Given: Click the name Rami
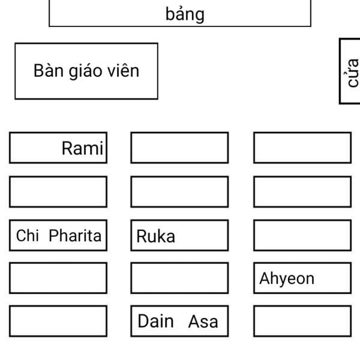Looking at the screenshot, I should pyautogui.click(x=82, y=148).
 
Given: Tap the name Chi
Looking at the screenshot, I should pyautogui.click(x=27, y=236).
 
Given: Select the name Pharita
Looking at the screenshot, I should pyautogui.click(x=75, y=236).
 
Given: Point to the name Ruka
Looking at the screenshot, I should pyautogui.click(x=155, y=236).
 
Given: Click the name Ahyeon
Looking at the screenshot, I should pyautogui.click(x=286, y=278).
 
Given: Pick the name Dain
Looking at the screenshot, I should pyautogui.click(x=155, y=322).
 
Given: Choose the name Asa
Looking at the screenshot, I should pyautogui.click(x=203, y=322).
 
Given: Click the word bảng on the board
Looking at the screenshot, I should pyautogui.click(x=185, y=14).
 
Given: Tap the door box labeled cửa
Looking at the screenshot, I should pyautogui.click(x=350, y=71).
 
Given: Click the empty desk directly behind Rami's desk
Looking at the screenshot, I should pyautogui.click(x=58, y=191).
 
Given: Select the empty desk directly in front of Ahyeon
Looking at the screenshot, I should pyautogui.click(x=302, y=235).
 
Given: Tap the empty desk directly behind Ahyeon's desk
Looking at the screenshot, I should pyautogui.click(x=302, y=321).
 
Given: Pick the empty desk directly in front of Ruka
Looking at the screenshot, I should pyautogui.click(x=179, y=191).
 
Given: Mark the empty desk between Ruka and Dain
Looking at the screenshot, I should pyautogui.click(x=179, y=278).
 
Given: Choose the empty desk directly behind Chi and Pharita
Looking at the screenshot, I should pyautogui.click(x=58, y=278).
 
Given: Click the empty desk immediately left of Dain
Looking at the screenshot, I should pyautogui.click(x=58, y=321).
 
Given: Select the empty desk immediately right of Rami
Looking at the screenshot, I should pyautogui.click(x=179, y=148).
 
